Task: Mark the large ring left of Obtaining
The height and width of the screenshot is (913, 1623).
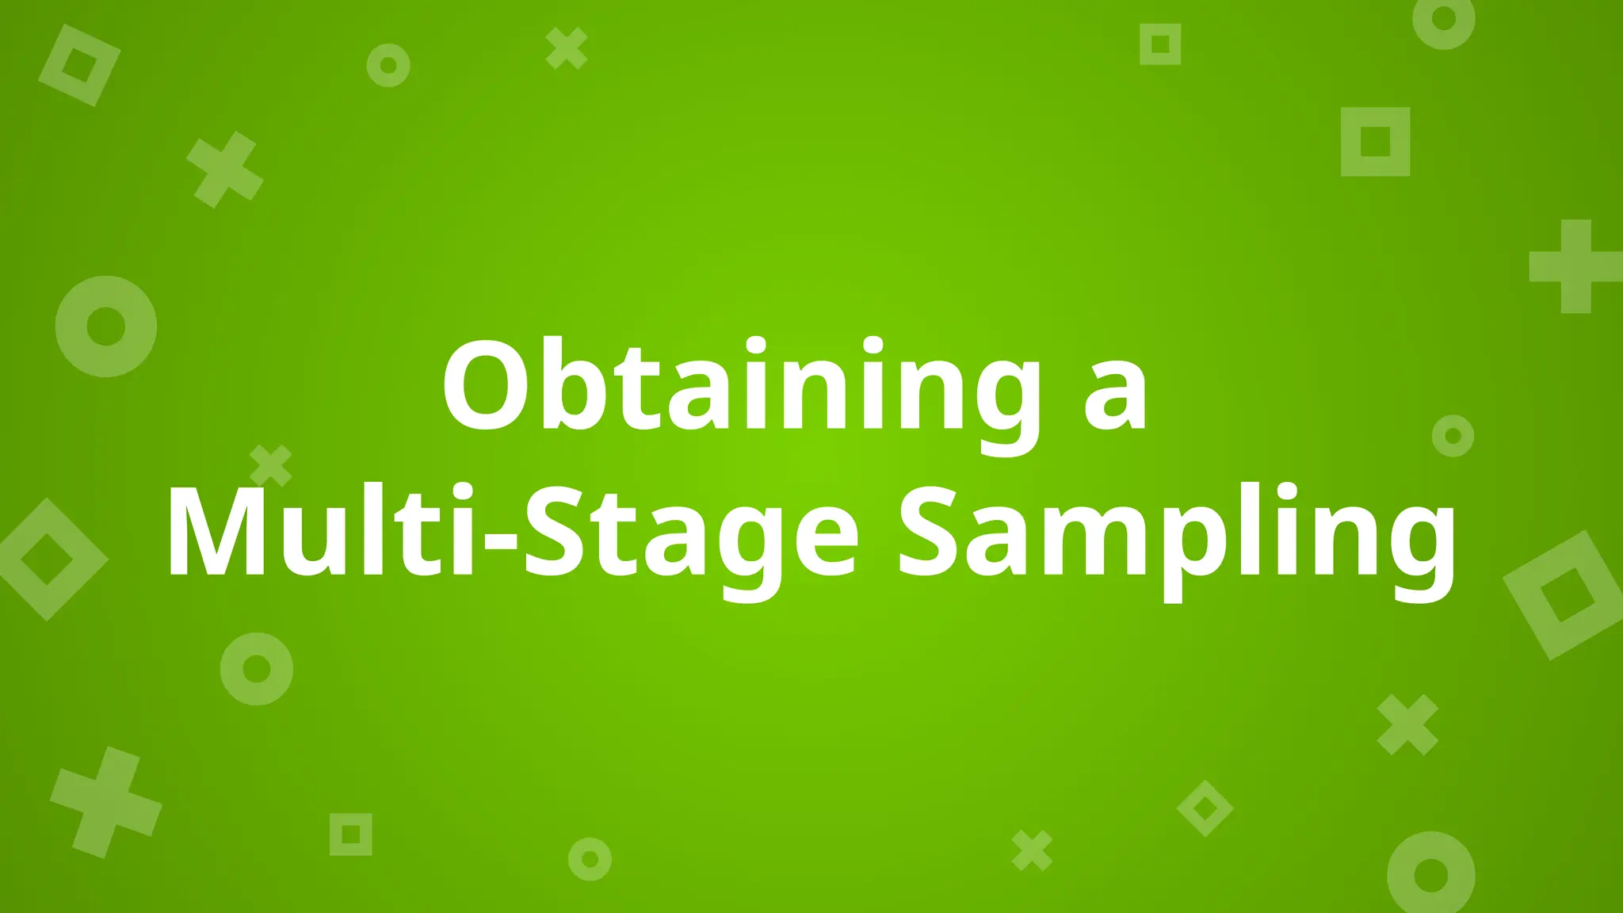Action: click(106, 327)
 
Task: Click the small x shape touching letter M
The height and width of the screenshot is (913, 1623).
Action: click(271, 465)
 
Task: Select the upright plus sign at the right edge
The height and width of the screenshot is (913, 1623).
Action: click(1575, 266)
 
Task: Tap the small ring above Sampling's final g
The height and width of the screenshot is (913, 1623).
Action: click(1453, 435)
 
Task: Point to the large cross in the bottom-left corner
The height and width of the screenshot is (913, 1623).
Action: click(106, 801)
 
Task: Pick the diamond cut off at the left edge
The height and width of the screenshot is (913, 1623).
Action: click(47, 559)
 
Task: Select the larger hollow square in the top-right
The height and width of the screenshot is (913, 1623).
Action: click(1375, 142)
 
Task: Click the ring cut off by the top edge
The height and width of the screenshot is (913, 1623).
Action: click(1444, 21)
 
